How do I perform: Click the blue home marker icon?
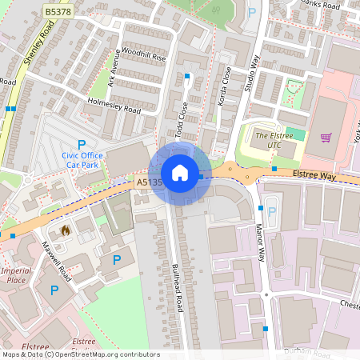(x=180, y=173)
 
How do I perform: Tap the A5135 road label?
(x=150, y=182)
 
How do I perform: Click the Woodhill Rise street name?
(x=143, y=58)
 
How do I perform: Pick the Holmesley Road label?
(x=115, y=105)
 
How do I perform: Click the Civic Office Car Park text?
(x=82, y=161)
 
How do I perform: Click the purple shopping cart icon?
(x=326, y=138)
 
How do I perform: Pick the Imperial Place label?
(x=16, y=275)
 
